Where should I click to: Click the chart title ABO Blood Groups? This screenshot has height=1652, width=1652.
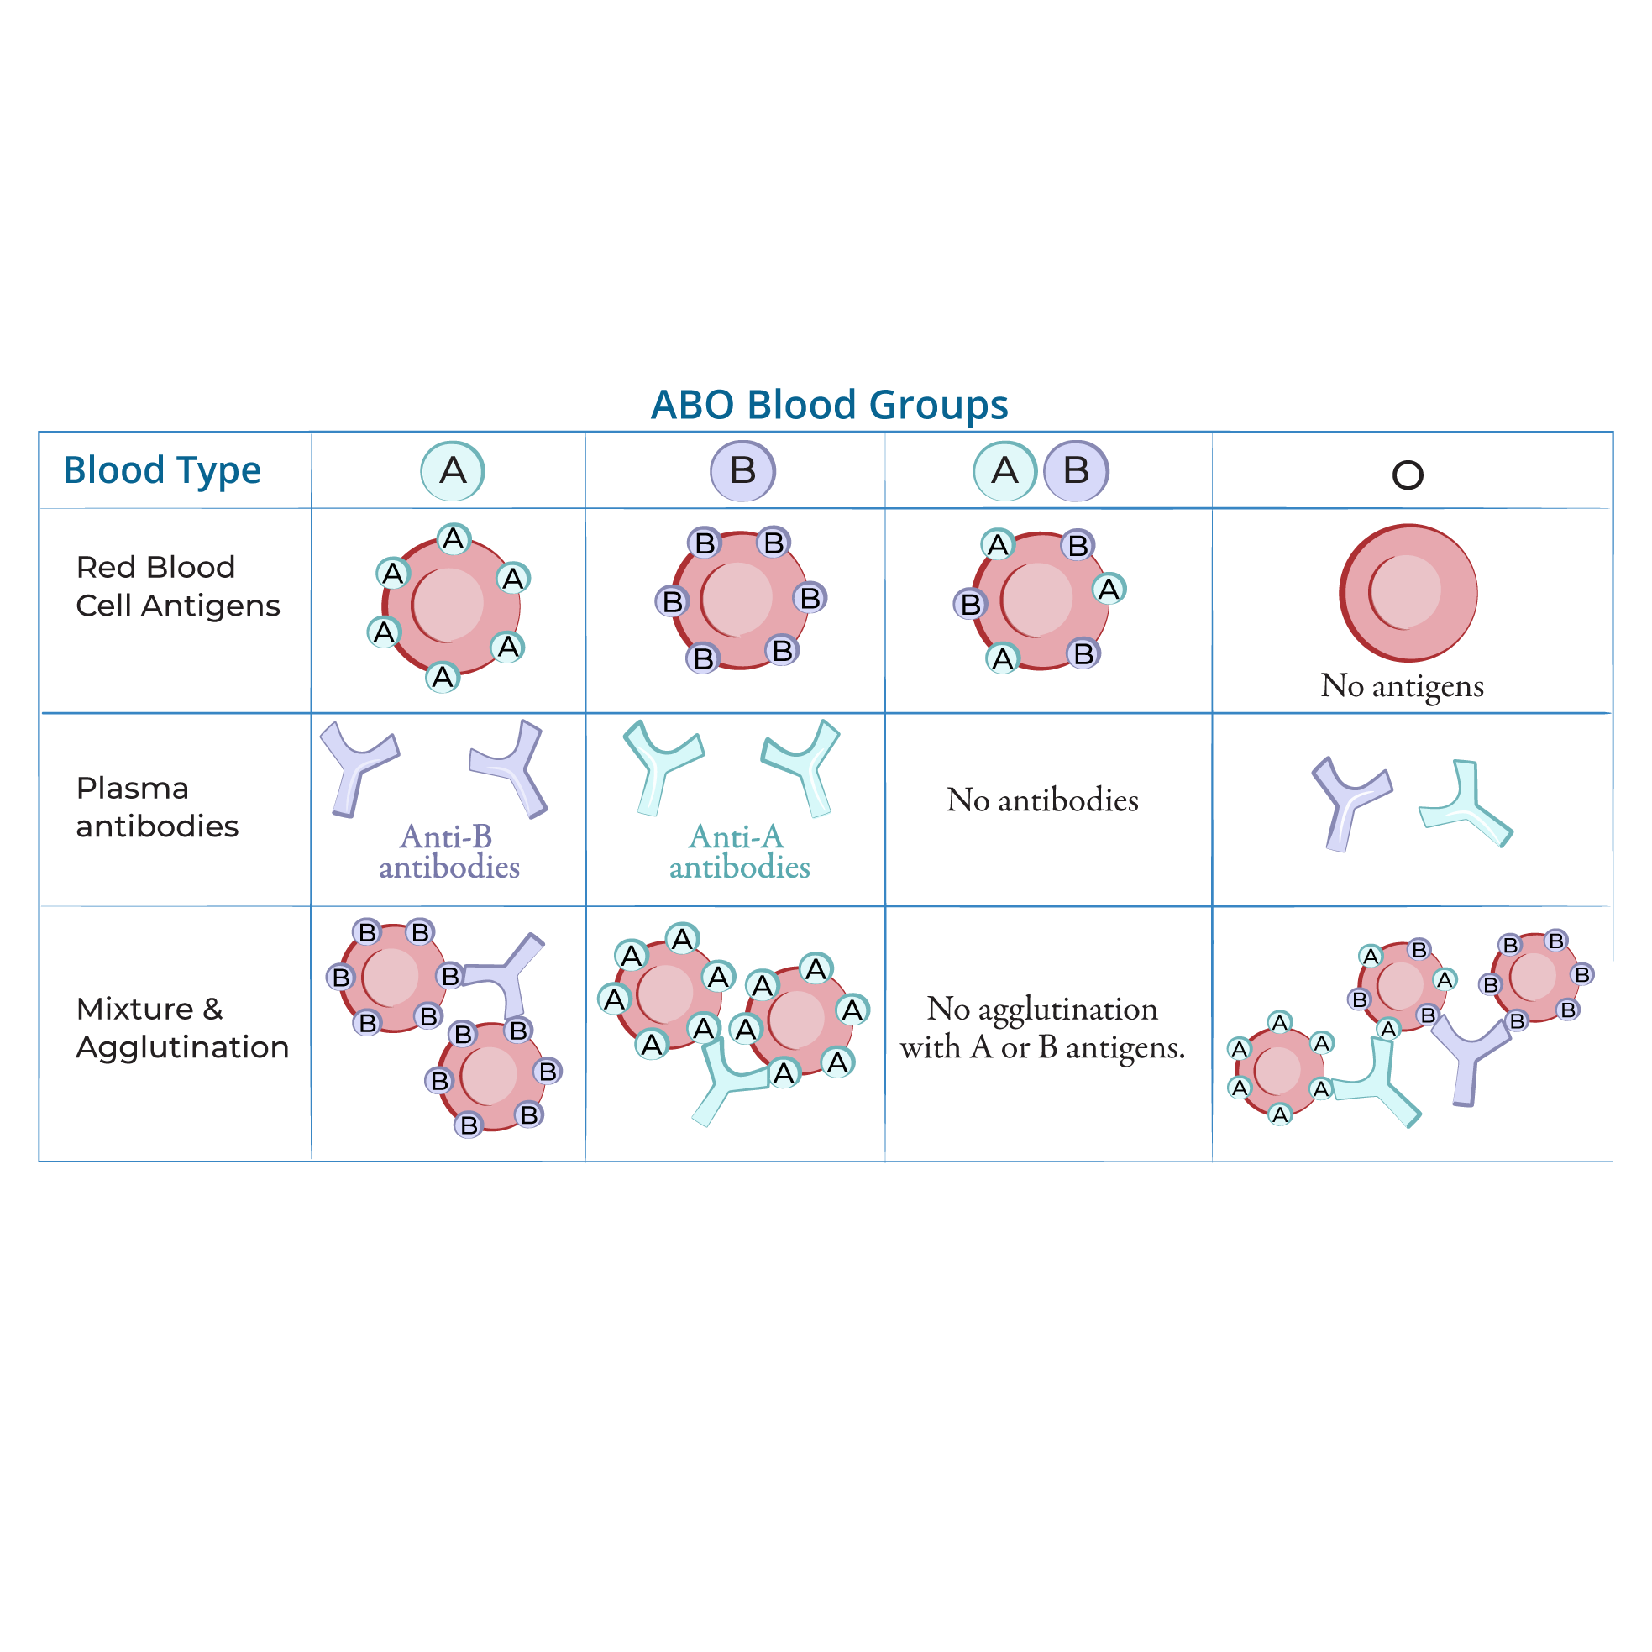[x=829, y=405]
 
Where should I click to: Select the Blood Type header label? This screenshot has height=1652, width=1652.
[x=161, y=470]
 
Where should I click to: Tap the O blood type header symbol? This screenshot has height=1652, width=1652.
[x=1408, y=475]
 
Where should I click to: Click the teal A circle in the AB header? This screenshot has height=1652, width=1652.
[x=1004, y=471]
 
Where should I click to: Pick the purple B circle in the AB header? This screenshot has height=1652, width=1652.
[x=1076, y=471]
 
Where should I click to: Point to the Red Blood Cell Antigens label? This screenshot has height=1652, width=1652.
[x=177, y=585]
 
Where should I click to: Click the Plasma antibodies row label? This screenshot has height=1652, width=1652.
[x=156, y=806]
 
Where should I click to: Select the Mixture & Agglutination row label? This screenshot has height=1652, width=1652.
[x=181, y=1027]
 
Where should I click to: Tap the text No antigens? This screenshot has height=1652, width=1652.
[x=1402, y=686]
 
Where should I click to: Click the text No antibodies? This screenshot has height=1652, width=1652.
[x=1042, y=800]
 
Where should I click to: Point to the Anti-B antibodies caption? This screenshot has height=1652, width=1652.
[x=448, y=852]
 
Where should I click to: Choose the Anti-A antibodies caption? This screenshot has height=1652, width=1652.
[x=739, y=852]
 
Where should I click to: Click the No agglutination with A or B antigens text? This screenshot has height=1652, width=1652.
[x=1042, y=1028]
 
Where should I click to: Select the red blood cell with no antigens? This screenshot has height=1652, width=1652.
[x=1408, y=593]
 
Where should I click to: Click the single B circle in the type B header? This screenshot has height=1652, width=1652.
[x=742, y=471]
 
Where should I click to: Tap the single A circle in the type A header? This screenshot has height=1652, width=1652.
[x=453, y=471]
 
